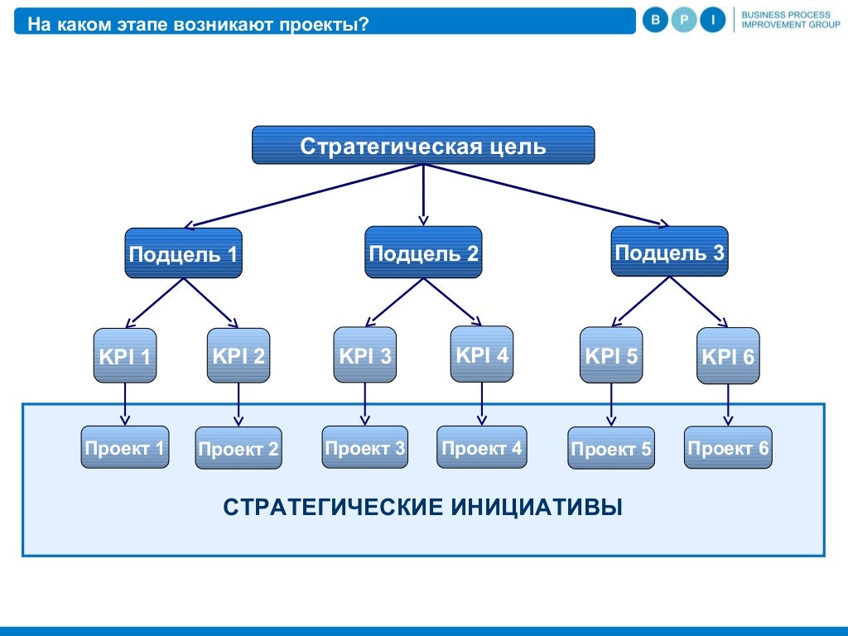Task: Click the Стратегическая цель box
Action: [x=423, y=145]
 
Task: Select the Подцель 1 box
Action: [x=184, y=253]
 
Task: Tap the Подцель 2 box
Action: [x=423, y=252]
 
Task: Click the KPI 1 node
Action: [x=125, y=356]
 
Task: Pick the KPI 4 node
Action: [x=482, y=354]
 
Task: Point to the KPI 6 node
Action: [x=728, y=356]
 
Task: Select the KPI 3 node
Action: [x=364, y=355]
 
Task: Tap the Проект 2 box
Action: [x=238, y=449]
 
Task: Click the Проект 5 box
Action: [x=611, y=449]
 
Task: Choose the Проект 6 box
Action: [x=728, y=448]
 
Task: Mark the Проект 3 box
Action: [x=365, y=448]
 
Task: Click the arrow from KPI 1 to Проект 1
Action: [x=125, y=404]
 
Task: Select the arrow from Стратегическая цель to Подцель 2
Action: [x=423, y=195]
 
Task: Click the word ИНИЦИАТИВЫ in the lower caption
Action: [x=537, y=506]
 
